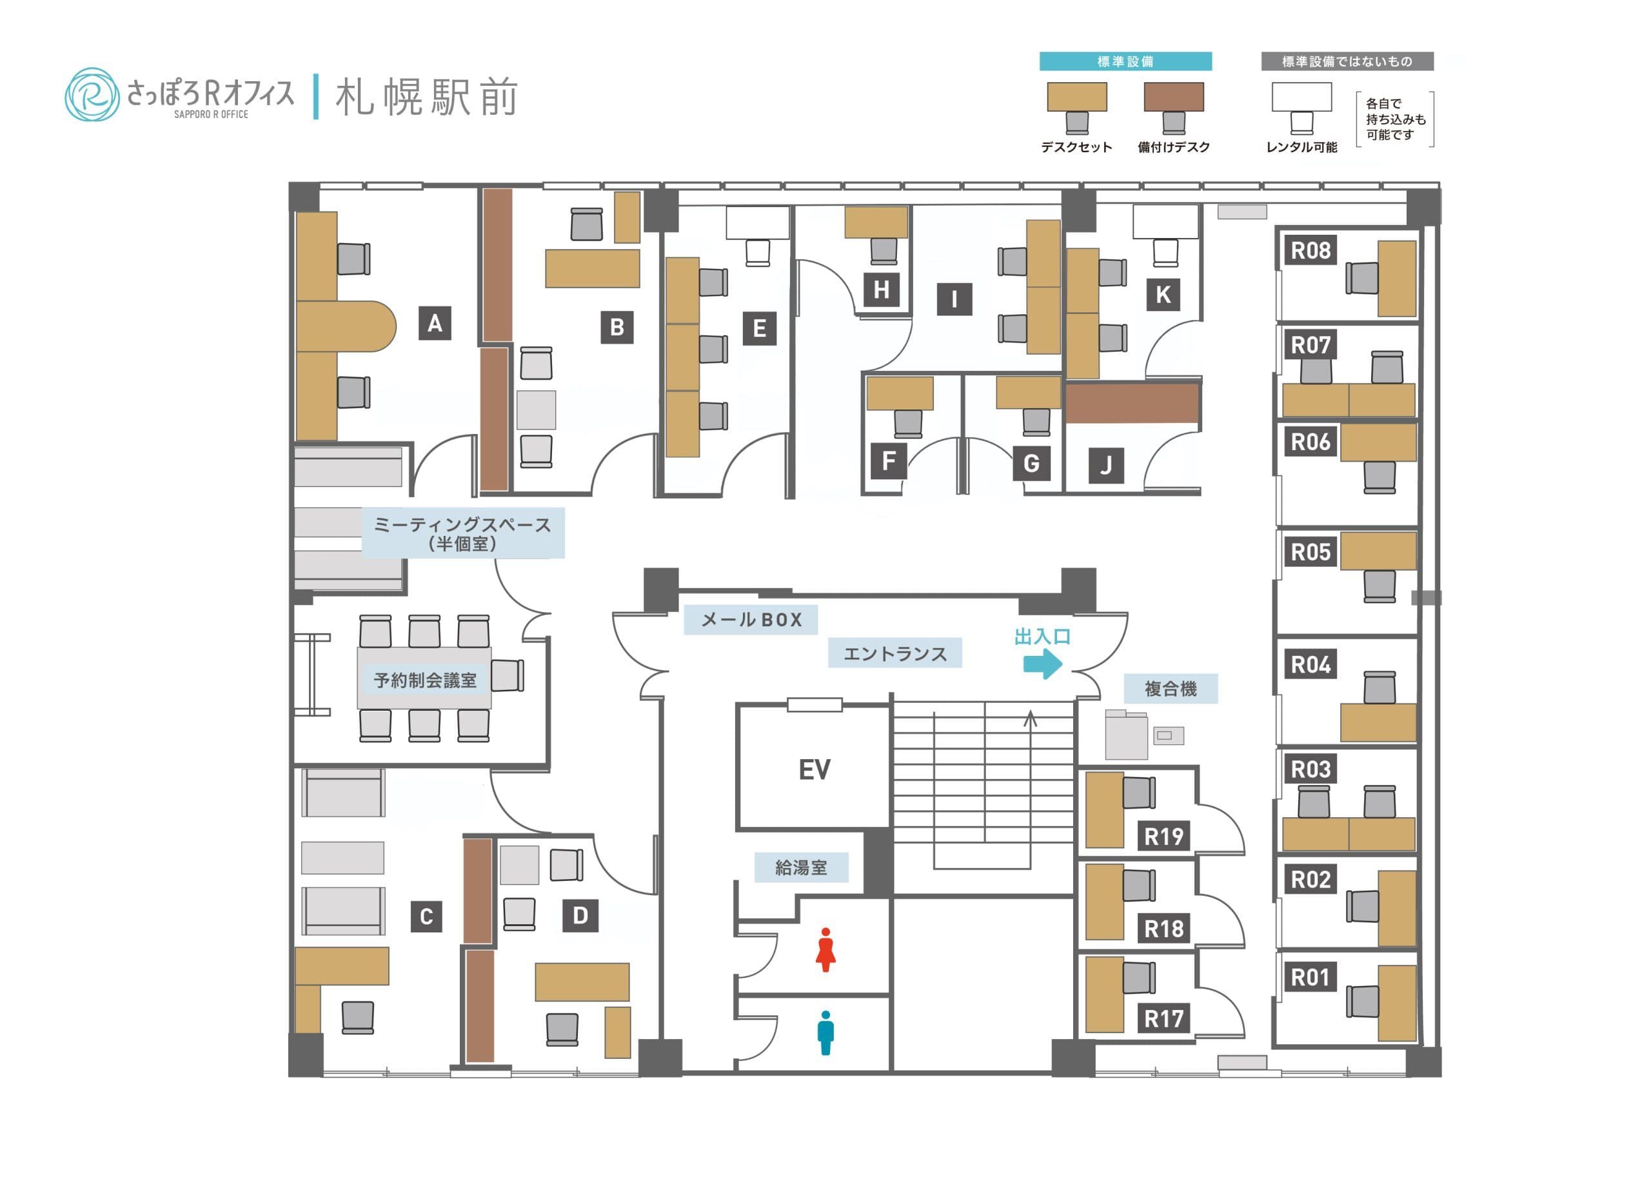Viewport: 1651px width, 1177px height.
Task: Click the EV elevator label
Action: pyautogui.click(x=813, y=769)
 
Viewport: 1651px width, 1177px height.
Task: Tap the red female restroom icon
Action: pyautogui.click(x=825, y=949)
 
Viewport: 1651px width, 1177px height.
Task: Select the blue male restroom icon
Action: pyautogui.click(x=825, y=1033)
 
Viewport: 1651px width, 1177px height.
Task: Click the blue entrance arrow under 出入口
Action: pyautogui.click(x=1042, y=663)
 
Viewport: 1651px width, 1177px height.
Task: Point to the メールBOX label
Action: pyautogui.click(x=751, y=620)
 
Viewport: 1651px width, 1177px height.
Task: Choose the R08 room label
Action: pyautogui.click(x=1310, y=251)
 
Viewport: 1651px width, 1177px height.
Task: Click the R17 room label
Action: pyautogui.click(x=1163, y=1018)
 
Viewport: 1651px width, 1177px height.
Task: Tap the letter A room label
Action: pyautogui.click(x=434, y=323)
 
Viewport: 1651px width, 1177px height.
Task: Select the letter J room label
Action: pyautogui.click(x=1105, y=464)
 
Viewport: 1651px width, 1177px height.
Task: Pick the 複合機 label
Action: pyautogui.click(x=1170, y=689)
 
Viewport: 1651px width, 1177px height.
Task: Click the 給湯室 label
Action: pyautogui.click(x=801, y=867)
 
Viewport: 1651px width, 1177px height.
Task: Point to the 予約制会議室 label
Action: pyautogui.click(x=425, y=680)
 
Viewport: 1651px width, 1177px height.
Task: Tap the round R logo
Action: pyautogui.click(x=92, y=94)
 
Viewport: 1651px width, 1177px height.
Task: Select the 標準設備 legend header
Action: pyautogui.click(x=1125, y=62)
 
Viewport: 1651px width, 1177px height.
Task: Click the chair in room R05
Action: pyautogui.click(x=1378, y=586)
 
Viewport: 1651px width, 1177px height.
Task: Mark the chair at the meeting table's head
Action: pyautogui.click(x=508, y=675)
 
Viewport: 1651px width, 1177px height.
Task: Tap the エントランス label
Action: pyautogui.click(x=895, y=653)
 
